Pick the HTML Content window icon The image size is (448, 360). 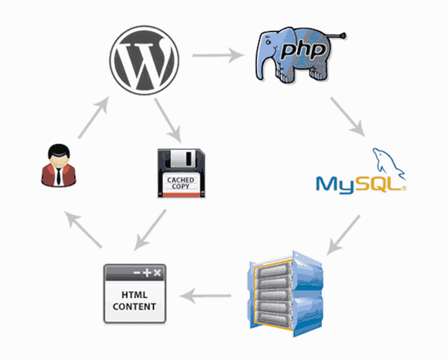(135, 291)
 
